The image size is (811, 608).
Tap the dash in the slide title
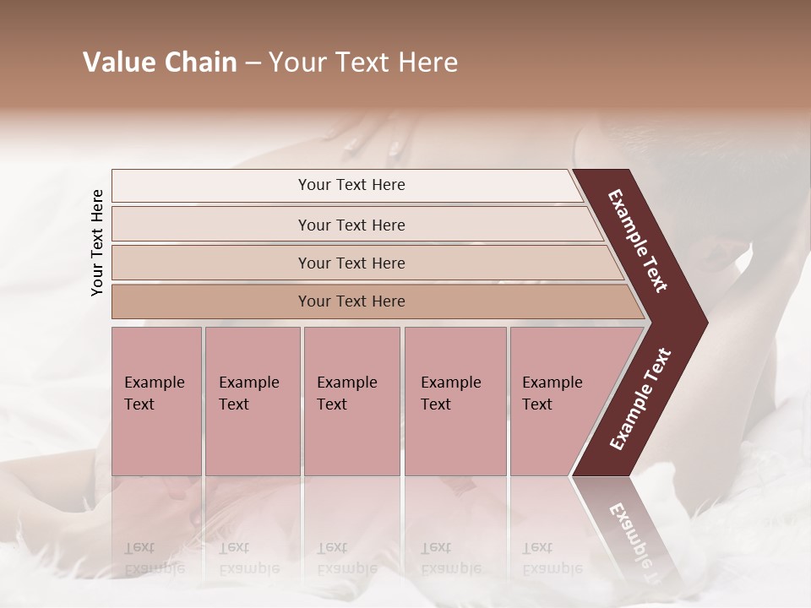[x=253, y=63]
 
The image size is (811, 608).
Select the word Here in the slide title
[x=428, y=62]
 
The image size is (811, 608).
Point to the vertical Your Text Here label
[x=97, y=242]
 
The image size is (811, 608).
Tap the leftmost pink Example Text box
[x=156, y=401]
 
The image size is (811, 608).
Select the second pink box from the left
[x=252, y=401]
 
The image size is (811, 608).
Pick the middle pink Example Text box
[x=351, y=401]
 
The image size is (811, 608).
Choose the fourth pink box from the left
[x=455, y=401]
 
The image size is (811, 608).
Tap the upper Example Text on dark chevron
[x=639, y=241]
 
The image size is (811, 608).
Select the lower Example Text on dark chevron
[x=640, y=399]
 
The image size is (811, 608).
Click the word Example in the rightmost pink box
[x=552, y=383]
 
